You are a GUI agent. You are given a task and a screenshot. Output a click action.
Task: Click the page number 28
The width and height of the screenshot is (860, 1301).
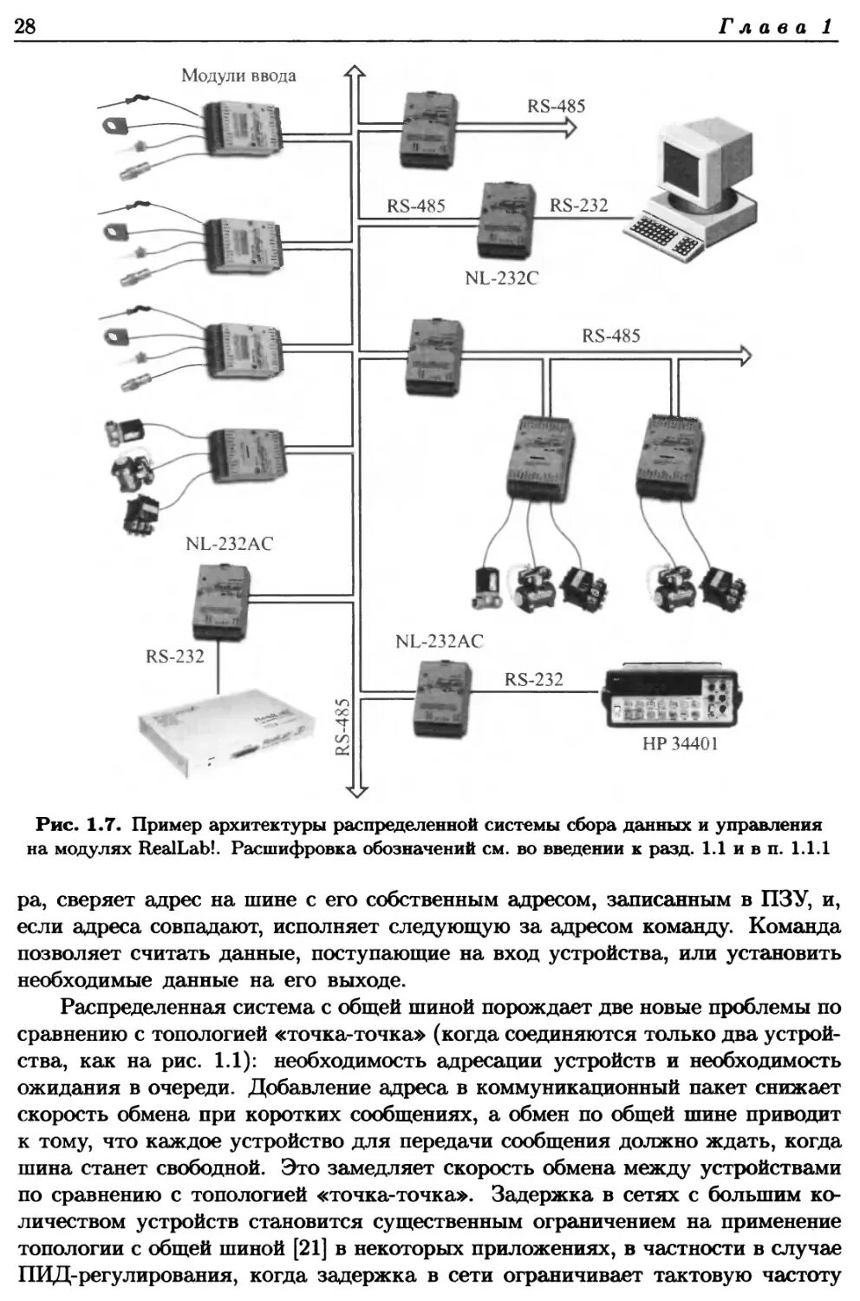(24, 27)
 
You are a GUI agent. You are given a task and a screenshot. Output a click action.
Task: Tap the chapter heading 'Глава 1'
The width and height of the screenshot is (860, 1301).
(776, 27)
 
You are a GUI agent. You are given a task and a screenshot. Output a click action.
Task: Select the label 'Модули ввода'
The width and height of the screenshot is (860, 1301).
(238, 75)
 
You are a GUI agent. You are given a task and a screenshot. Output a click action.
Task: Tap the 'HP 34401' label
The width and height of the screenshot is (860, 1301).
(680, 743)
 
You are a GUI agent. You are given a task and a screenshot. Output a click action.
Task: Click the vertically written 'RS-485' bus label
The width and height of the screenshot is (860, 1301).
(343, 727)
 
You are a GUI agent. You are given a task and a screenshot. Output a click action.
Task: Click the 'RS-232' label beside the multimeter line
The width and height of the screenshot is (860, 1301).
(533, 679)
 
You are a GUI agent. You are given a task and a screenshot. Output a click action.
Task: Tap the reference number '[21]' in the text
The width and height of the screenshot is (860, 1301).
(309, 1248)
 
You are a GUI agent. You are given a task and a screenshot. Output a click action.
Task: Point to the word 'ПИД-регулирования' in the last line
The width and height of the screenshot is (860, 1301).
(123, 1276)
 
